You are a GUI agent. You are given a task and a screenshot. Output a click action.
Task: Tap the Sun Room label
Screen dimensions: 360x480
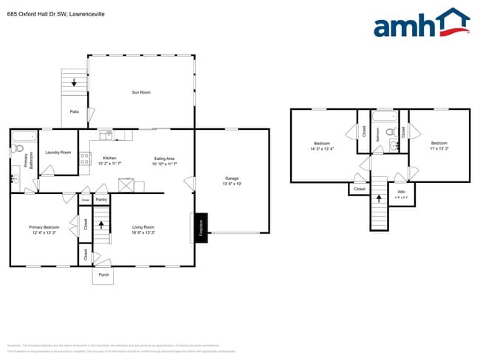[141, 92]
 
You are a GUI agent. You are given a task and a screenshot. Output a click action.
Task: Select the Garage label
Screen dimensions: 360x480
[232, 179]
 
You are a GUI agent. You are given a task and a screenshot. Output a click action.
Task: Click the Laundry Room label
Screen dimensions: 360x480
[58, 152]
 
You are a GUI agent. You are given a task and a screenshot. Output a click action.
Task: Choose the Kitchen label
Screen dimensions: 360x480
[109, 158]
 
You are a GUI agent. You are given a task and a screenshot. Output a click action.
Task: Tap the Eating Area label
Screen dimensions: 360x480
[164, 158]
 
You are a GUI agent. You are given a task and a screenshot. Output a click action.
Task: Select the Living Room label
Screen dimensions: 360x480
[143, 227]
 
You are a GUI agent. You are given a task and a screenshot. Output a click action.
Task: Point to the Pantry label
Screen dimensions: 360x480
[102, 199]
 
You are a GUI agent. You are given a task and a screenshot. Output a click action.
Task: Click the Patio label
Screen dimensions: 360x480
[75, 111]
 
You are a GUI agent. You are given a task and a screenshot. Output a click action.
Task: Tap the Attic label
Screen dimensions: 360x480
[402, 192]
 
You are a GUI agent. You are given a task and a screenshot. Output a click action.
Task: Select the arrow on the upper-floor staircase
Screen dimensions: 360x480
[380, 197]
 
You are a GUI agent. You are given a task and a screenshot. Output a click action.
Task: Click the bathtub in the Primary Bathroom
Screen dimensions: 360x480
[24, 136]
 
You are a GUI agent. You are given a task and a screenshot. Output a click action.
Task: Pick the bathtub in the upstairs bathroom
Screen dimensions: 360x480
[384, 117]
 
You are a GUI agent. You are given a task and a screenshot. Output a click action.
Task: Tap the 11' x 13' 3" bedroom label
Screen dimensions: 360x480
[439, 145]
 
